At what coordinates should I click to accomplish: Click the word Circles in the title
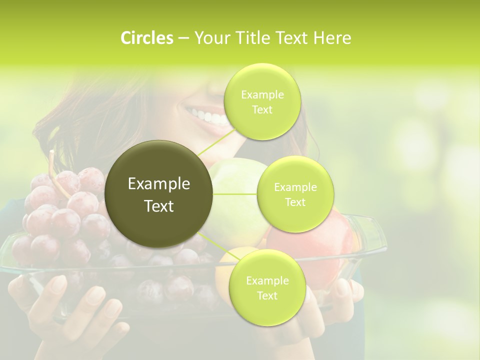(x=146, y=38)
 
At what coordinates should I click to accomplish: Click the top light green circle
(x=262, y=101)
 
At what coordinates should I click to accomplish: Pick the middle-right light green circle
(x=295, y=194)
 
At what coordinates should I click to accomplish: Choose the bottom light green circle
(x=267, y=287)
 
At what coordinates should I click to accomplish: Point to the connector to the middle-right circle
(x=235, y=194)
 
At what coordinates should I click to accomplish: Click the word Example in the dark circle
(x=159, y=184)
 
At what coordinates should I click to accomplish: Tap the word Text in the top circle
(x=262, y=109)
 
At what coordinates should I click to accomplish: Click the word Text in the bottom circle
(x=267, y=295)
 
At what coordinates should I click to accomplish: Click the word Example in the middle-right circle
(x=295, y=187)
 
